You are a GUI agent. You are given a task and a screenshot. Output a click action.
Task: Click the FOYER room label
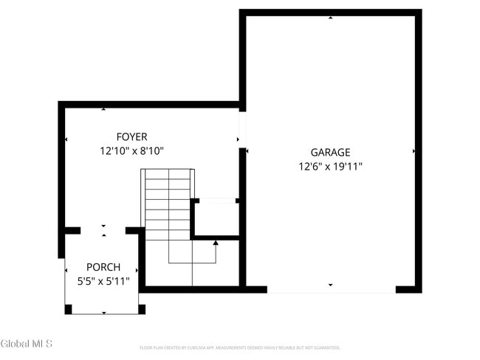click(131, 136)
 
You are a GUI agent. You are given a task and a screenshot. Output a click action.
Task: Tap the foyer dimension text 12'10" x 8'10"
click(131, 150)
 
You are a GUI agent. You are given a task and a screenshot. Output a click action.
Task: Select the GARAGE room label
click(330, 153)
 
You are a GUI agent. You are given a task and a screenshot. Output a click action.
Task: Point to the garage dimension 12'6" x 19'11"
click(330, 167)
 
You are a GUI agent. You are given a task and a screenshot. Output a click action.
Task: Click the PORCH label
click(103, 267)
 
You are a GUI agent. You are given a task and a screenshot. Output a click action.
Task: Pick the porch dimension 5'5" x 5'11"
click(103, 281)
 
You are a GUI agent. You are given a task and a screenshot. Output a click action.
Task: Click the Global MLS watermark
click(27, 344)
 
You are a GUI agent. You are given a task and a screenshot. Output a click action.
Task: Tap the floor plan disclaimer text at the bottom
click(240, 347)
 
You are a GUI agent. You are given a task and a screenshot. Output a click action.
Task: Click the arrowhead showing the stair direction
click(216, 242)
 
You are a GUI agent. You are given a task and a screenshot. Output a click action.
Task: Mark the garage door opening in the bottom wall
click(331, 290)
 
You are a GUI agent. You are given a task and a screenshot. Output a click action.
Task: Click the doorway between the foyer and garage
click(242, 130)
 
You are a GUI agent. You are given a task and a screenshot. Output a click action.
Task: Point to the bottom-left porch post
click(68, 309)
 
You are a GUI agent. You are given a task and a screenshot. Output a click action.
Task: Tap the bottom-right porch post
click(142, 309)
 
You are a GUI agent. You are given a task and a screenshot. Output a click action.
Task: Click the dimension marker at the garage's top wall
click(330, 17)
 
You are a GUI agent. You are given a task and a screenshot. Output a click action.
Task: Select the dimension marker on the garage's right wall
click(414, 151)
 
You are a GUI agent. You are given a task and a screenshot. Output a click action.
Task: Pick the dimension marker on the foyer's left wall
click(66, 139)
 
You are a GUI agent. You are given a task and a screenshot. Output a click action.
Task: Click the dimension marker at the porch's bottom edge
click(103, 313)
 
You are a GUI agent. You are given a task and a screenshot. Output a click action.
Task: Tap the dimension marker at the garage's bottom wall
click(330, 285)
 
